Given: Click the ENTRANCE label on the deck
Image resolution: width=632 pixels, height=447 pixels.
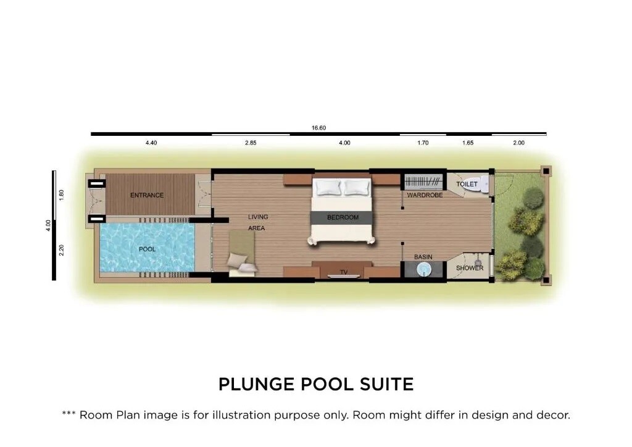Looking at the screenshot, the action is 147,195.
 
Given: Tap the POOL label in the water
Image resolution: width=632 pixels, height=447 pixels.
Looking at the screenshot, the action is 147,249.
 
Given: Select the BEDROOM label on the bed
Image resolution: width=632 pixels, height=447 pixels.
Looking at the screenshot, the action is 343,217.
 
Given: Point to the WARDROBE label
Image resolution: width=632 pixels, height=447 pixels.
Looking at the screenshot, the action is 425,195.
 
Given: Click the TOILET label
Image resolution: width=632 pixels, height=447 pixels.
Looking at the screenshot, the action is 467,184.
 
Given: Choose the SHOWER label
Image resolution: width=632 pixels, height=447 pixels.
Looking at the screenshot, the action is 470,268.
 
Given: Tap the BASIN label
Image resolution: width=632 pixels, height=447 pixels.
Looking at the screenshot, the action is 423,257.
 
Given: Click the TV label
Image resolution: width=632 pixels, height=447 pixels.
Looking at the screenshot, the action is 343,272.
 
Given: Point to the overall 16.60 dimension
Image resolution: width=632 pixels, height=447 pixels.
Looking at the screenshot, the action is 318,128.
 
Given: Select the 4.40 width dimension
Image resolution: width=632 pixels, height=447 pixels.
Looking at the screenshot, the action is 151,143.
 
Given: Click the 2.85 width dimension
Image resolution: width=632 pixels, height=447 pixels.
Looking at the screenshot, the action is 251,143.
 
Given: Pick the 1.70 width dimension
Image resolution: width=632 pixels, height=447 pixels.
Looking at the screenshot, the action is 423,143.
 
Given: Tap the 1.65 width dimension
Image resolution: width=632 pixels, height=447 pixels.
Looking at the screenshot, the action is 468,143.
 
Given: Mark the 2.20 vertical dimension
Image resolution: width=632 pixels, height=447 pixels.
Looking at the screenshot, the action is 62,250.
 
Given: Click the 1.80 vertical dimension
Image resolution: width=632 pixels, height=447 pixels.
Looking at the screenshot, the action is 62,195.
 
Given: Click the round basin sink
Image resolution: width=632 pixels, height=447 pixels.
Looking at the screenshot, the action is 423,269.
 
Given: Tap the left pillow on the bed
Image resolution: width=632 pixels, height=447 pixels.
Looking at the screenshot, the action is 329,187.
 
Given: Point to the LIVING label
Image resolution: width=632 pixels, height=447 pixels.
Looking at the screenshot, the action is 258,217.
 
